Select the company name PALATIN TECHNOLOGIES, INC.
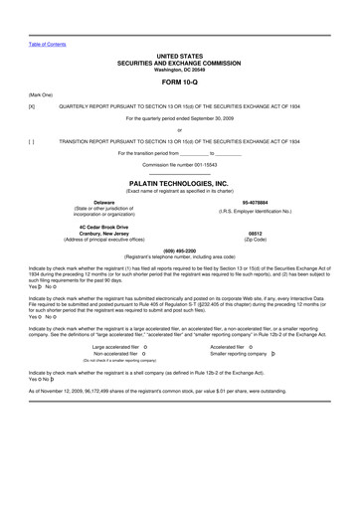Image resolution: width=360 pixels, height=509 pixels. tap(179, 183)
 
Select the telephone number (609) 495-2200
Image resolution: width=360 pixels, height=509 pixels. tap(179, 251)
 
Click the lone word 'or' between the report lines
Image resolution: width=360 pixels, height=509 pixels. tap(179, 129)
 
